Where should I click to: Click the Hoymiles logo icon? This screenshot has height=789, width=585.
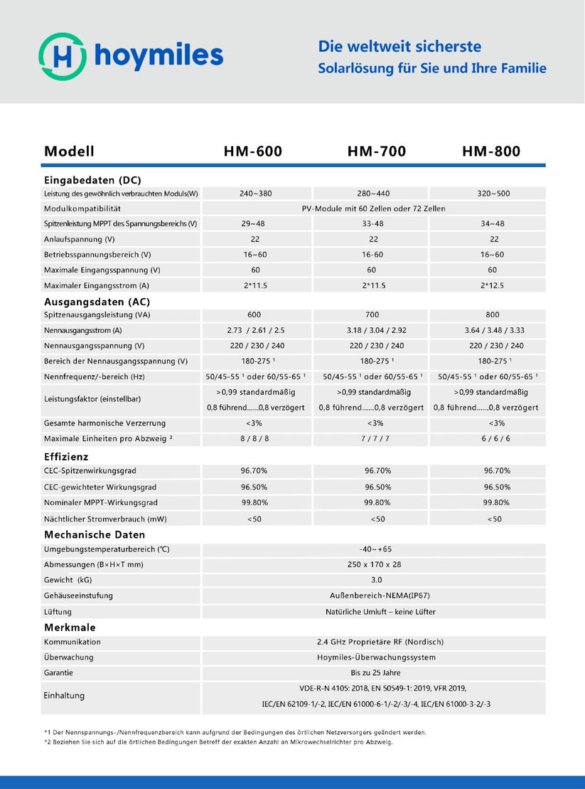click(63, 55)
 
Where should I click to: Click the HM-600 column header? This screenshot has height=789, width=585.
click(252, 152)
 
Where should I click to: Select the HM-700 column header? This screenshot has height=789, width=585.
click(377, 152)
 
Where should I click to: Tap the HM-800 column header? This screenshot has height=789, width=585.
click(491, 152)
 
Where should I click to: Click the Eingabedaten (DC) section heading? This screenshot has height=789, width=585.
click(92, 180)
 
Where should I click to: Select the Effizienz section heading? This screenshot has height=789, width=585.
click(66, 457)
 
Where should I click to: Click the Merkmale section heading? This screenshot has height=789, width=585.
click(70, 628)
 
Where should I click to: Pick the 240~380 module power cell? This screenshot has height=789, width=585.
click(255, 194)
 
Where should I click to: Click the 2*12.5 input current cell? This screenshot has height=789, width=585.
click(494, 285)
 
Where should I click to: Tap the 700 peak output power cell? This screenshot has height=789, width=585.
click(372, 314)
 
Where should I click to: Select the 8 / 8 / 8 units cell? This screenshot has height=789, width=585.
click(255, 439)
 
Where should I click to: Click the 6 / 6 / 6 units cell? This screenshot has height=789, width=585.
click(495, 439)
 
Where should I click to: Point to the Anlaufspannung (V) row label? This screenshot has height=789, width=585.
click(78, 239)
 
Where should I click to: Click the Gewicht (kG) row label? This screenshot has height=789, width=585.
click(68, 580)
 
